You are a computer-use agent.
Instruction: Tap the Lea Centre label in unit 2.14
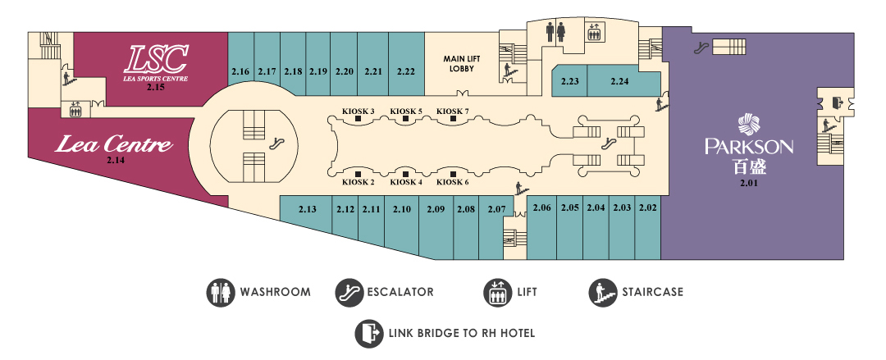click(114, 145)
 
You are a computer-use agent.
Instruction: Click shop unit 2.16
click(240, 66)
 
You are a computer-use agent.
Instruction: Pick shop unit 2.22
click(405, 66)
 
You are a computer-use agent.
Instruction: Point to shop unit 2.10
click(402, 217)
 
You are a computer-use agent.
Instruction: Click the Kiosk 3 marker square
click(359, 121)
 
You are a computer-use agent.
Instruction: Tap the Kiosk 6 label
click(452, 182)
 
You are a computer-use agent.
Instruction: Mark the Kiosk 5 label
click(406, 111)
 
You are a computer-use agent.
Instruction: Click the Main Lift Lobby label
click(462, 63)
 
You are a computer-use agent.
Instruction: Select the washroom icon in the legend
click(219, 292)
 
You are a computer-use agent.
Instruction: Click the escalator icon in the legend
click(348, 292)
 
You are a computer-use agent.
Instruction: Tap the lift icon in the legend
click(496, 292)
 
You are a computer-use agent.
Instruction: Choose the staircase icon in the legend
click(602, 292)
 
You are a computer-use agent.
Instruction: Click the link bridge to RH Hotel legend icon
click(368, 333)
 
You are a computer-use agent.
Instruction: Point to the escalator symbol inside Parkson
click(701, 48)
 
